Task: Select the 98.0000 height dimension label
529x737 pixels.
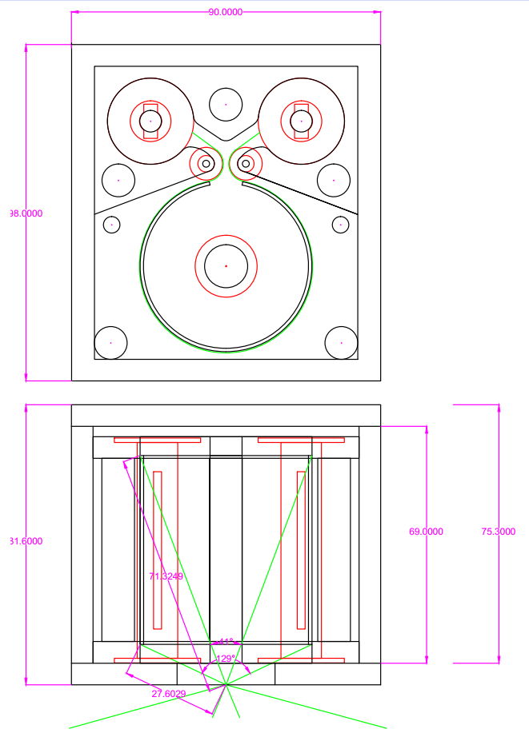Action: click(x=26, y=213)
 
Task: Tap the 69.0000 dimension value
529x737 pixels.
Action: click(x=426, y=531)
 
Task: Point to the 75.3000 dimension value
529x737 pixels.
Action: click(x=498, y=531)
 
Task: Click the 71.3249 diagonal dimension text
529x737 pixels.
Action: click(x=166, y=576)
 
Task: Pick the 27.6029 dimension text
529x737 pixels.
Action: click(x=169, y=694)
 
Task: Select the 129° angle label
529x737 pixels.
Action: click(x=225, y=659)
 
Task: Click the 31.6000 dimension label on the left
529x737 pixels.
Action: click(x=26, y=541)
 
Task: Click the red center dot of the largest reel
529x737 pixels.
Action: click(x=226, y=265)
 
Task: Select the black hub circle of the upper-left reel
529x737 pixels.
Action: click(x=150, y=121)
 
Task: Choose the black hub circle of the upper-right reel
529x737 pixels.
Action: click(x=301, y=121)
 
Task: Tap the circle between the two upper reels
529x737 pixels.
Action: click(x=226, y=104)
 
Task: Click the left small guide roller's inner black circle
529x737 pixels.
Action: click(x=206, y=164)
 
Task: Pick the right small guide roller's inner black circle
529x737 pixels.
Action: click(x=246, y=164)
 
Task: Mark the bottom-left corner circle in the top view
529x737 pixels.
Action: click(x=110, y=342)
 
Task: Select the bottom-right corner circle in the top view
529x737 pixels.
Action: click(x=341, y=342)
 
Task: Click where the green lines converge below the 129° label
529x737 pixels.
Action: click(x=226, y=684)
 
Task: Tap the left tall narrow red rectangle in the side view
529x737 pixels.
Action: click(x=158, y=549)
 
